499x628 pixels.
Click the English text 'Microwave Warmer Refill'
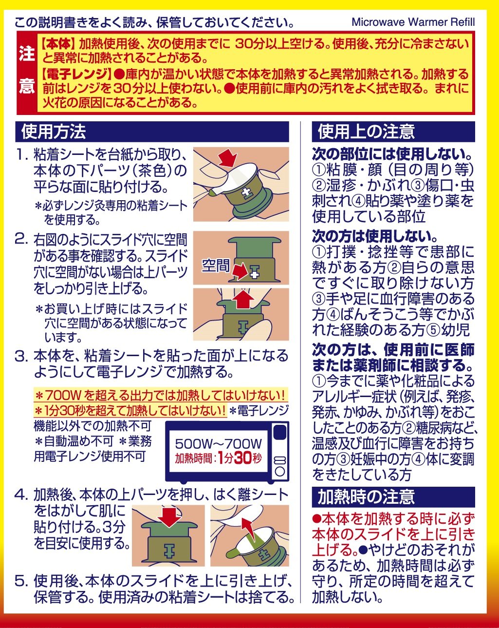[x=413, y=22]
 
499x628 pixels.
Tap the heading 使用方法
[x=54, y=132]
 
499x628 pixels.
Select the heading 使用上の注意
[x=366, y=132]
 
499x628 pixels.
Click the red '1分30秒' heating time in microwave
[x=240, y=458]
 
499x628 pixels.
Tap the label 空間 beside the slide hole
[x=216, y=266]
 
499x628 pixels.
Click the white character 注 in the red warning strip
[x=27, y=54]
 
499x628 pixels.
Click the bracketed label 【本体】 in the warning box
[x=57, y=44]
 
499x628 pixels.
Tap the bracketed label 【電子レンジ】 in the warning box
[x=76, y=75]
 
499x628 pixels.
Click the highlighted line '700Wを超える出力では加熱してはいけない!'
[x=160, y=396]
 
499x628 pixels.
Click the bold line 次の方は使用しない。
[x=376, y=236]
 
